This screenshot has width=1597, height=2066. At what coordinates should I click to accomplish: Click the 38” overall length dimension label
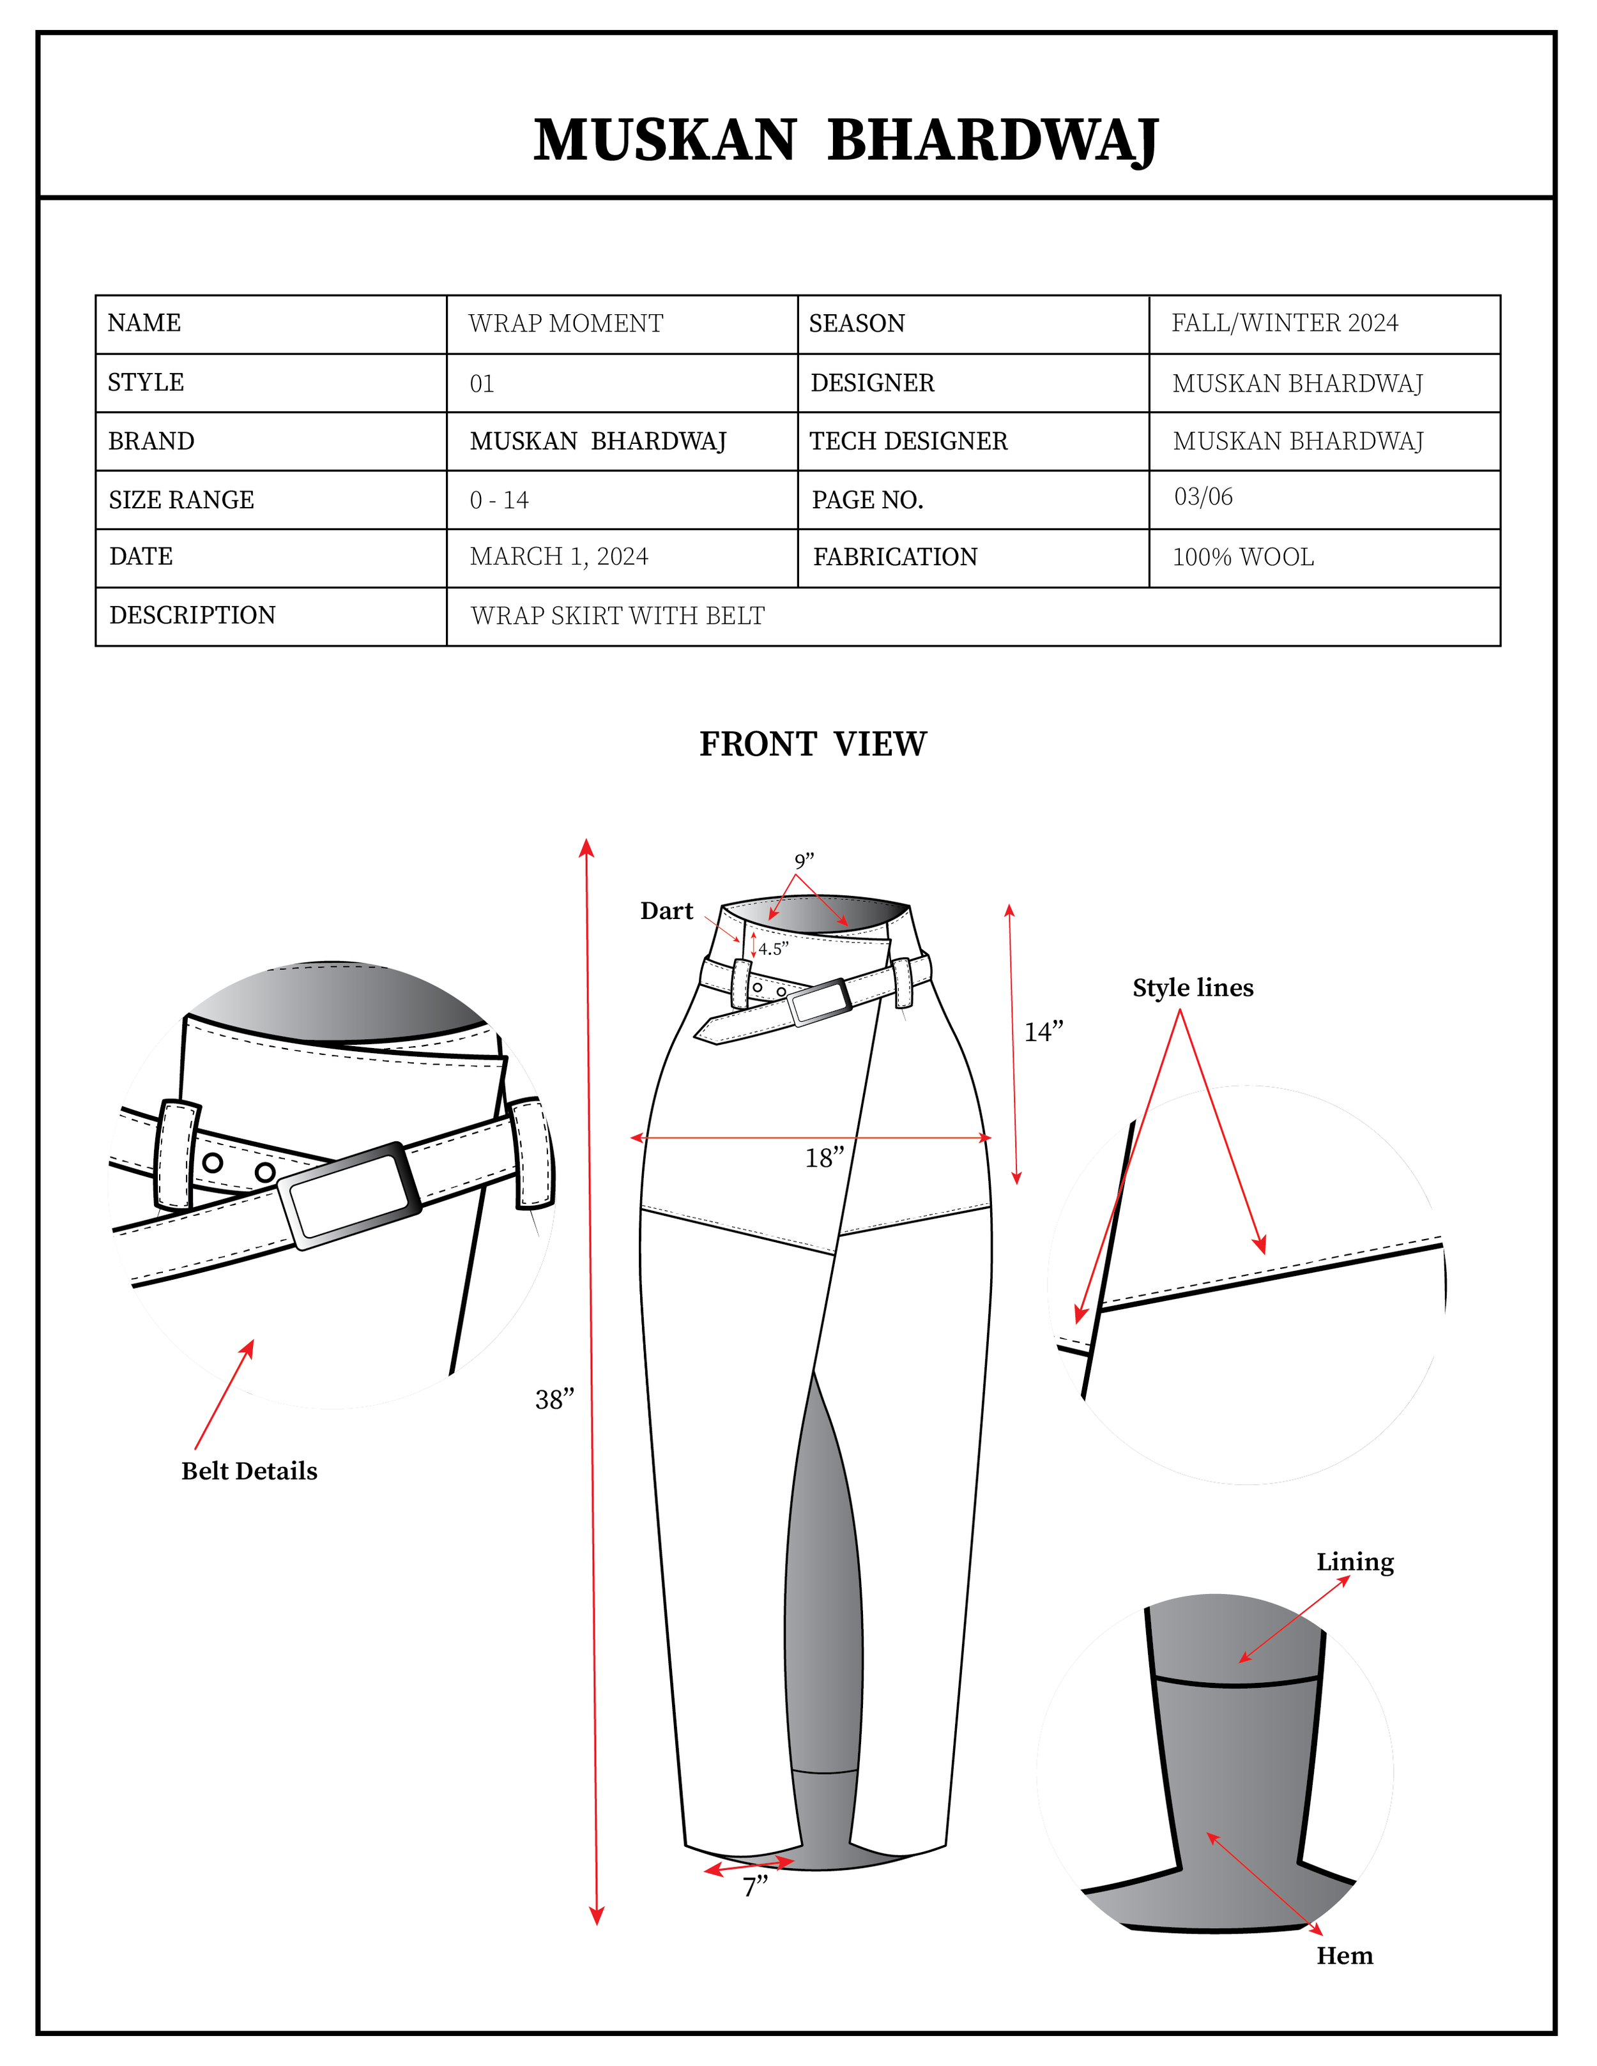click(x=554, y=1400)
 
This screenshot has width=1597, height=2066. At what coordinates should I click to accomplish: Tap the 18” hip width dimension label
click(x=824, y=1158)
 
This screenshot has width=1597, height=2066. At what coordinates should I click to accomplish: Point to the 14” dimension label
click(x=1044, y=1032)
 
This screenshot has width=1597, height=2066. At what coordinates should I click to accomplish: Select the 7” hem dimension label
click(x=755, y=1887)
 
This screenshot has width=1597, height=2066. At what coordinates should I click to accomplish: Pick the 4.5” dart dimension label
click(x=773, y=949)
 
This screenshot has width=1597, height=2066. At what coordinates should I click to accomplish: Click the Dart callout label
click(x=667, y=911)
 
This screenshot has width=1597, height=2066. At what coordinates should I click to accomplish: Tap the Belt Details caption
click(x=249, y=1471)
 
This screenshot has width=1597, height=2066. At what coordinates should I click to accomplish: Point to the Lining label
click(x=1355, y=1562)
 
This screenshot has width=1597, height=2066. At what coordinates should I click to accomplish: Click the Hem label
click(x=1345, y=1956)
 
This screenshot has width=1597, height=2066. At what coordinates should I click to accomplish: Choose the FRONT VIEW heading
click(x=813, y=745)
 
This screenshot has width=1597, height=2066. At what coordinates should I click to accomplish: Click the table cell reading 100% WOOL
click(x=1243, y=557)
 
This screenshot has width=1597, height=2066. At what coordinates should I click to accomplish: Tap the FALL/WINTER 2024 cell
click(x=1285, y=324)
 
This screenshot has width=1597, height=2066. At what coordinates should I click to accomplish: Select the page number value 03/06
click(x=1203, y=497)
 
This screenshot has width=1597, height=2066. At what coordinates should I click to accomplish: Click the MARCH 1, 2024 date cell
click(x=559, y=556)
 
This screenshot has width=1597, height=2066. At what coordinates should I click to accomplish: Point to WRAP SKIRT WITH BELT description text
click(x=618, y=616)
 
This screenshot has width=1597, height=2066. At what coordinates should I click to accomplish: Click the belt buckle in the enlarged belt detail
click(x=350, y=1196)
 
